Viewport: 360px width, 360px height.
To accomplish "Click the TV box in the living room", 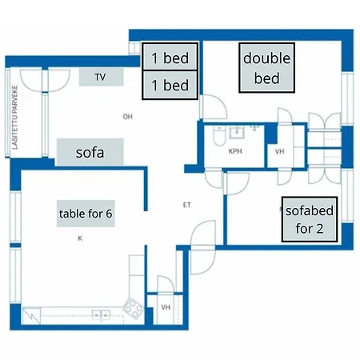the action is (x=102, y=77).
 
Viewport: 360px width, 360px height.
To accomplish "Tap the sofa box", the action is (x=90, y=152).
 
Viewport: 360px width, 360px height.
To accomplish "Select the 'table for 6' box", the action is (x=86, y=214).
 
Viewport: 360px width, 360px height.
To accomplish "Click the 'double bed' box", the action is (x=266, y=68).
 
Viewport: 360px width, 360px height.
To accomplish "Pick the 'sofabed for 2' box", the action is (x=310, y=219).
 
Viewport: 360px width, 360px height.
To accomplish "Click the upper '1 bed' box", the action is (x=170, y=57).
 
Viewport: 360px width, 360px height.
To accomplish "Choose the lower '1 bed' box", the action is (x=170, y=85).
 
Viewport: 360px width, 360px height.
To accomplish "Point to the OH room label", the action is (x=128, y=117).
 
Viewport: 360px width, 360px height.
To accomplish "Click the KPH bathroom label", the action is (x=235, y=151).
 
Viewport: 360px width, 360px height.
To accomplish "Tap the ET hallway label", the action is (x=187, y=205).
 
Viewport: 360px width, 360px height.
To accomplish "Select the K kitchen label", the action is (x=80, y=238).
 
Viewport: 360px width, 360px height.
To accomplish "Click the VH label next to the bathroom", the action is (x=279, y=151).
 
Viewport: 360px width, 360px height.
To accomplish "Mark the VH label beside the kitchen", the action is (x=166, y=307).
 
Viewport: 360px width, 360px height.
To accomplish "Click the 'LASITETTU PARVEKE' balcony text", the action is (x=15, y=118).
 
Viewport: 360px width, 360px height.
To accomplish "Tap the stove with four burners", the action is (x=134, y=309).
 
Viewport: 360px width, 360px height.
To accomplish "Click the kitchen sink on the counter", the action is (x=101, y=315).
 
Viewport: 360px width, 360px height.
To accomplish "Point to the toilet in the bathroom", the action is (x=219, y=136).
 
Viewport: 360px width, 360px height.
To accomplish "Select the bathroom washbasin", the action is (x=237, y=132).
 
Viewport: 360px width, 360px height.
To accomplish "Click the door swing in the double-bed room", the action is (x=214, y=106).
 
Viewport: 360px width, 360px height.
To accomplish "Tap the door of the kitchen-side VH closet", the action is (x=166, y=284).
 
